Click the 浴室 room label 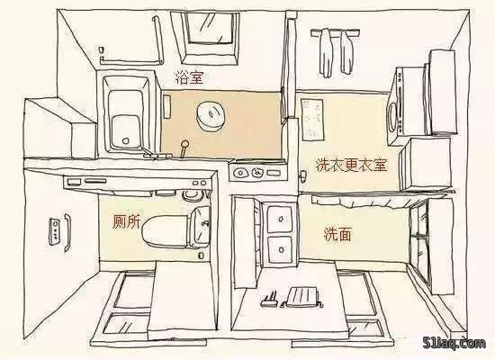(x=190, y=78)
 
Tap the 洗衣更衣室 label (x=351, y=165)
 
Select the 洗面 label (x=337, y=234)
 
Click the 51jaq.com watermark (x=454, y=344)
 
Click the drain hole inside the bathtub (x=126, y=140)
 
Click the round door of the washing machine (x=393, y=115)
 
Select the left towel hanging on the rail (x=326, y=52)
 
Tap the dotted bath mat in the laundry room (x=312, y=120)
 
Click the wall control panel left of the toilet (x=55, y=230)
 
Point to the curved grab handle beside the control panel (x=67, y=232)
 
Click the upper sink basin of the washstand (x=280, y=219)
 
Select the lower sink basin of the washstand (x=280, y=249)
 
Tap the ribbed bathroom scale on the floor (x=303, y=297)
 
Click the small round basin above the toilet (x=192, y=196)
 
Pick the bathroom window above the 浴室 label (x=209, y=37)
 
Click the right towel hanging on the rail (x=346, y=51)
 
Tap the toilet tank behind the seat (x=200, y=227)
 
